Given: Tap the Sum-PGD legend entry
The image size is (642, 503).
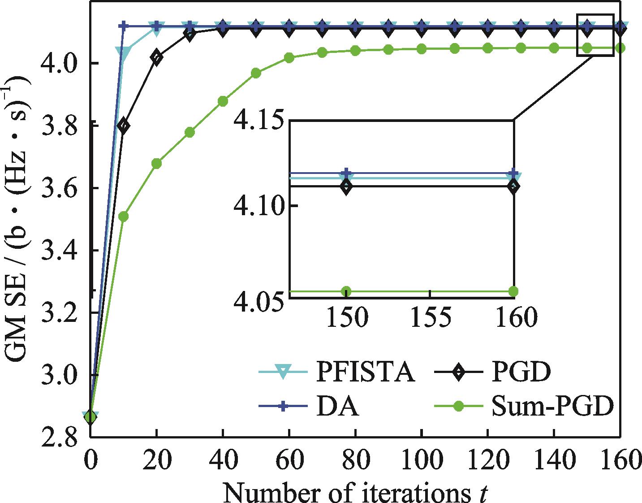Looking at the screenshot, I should point(552,407).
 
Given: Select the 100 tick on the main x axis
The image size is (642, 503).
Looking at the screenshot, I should point(422,462).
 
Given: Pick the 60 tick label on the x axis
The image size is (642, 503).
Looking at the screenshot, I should point(289,462).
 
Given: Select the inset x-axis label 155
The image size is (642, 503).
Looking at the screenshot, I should point(430,318).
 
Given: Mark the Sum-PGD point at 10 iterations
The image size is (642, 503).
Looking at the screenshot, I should point(124,217).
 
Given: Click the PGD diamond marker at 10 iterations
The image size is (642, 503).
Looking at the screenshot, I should point(124,126).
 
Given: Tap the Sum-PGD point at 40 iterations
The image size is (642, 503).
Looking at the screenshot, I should point(223,101).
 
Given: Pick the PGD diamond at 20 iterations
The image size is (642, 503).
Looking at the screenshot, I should point(156,57).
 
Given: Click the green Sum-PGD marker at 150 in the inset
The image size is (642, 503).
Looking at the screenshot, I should point(346,291).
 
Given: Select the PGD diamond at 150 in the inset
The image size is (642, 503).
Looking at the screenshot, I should point(346,186).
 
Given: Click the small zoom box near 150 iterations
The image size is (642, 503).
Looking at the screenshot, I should point(595,35).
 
